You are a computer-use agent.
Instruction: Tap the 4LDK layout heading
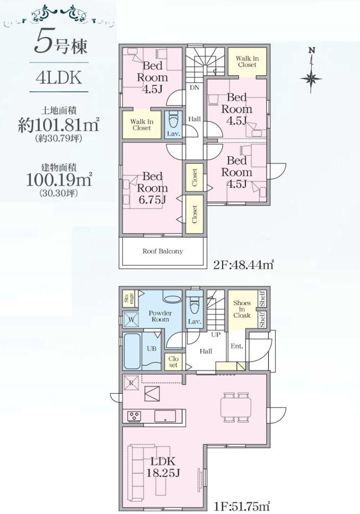coord(59,78)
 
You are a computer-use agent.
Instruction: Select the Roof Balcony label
coord(163,251)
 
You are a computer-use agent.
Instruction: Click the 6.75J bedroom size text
coord(152,199)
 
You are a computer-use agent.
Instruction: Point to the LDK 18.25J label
coord(163,466)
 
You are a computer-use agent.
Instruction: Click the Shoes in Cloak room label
coord(242,309)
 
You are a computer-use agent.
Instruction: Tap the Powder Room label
coord(160,316)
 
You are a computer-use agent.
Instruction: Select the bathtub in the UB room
coord(133,351)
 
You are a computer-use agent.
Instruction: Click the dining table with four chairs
coord(236,407)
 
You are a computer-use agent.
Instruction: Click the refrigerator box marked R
coord(131,383)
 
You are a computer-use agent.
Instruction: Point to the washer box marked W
coord(131,320)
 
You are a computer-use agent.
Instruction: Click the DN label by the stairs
coord(194,88)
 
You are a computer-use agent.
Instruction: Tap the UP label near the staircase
coord(216,335)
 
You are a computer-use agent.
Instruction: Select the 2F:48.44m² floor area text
coord(243,264)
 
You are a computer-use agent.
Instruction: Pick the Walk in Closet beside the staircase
coord(247,61)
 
